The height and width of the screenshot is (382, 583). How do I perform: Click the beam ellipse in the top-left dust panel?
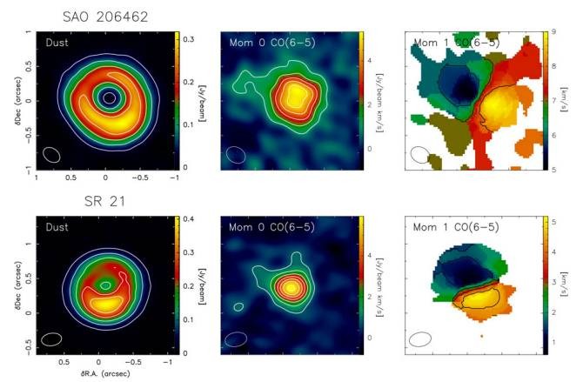click(51, 154)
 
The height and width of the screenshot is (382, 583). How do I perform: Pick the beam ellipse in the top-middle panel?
click(236, 154)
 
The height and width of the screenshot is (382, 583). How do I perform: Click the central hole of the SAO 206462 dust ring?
click(108, 97)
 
